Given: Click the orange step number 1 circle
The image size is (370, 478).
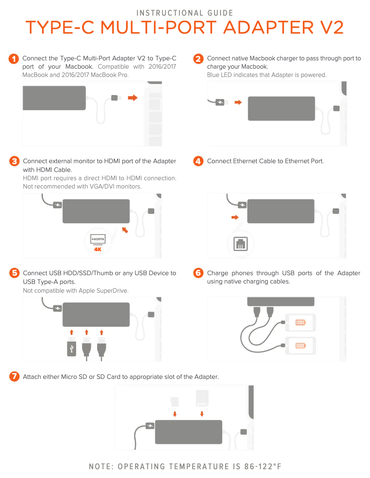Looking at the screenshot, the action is pos(14,59).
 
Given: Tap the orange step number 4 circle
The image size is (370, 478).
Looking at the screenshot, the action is pos(198,161).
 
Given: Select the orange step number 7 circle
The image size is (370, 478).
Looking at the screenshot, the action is pos(14,377).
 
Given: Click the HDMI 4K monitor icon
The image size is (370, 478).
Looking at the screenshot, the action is pos(98,242).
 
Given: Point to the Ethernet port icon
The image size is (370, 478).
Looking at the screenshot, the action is pos(241,243).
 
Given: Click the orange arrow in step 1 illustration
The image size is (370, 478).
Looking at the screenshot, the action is pos(133,98).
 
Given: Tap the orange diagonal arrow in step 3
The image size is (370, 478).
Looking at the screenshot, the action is pos(125,230).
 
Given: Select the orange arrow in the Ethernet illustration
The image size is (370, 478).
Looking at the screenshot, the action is pos(235,218).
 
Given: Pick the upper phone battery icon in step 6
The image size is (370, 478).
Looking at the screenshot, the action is pos(300,322).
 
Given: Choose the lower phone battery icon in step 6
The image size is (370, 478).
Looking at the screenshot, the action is pos(300,345).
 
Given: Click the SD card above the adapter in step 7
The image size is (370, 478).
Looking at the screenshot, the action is pos(202,398).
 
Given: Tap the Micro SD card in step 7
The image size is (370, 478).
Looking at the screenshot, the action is pos(174,401).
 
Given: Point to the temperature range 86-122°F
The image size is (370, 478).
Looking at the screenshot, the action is pos(263,466).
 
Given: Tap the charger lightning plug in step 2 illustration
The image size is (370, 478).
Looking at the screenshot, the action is pos(220,102).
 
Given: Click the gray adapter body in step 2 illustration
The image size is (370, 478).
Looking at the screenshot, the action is pos(281,108).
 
